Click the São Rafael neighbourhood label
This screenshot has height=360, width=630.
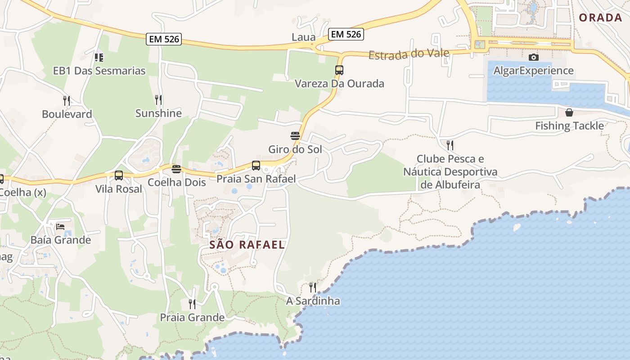[x=247, y=245]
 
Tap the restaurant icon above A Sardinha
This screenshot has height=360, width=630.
[x=313, y=287]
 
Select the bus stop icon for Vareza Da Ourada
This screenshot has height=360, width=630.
[x=339, y=70]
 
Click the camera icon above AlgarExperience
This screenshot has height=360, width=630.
[x=533, y=57]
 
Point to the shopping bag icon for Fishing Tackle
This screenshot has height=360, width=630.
[x=569, y=112]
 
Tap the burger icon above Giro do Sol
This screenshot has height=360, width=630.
[x=295, y=135]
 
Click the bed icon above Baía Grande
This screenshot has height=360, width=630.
[x=60, y=226]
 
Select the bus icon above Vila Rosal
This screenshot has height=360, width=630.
[x=119, y=175]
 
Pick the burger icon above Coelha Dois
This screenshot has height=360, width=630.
[x=176, y=169]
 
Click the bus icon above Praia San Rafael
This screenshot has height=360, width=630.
[x=256, y=165]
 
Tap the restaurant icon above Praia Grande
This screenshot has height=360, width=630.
[x=192, y=304]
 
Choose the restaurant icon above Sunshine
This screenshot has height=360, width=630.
[x=158, y=99]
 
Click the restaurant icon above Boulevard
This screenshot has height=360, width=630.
[x=67, y=100]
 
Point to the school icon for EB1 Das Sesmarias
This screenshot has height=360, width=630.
[x=99, y=57]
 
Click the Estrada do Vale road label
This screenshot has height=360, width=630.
[x=409, y=54]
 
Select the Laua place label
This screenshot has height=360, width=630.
[x=303, y=37]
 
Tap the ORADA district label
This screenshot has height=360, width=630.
[x=600, y=18]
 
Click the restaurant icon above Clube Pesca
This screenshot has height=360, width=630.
[x=450, y=145]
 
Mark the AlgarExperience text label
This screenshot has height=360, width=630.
[x=533, y=71]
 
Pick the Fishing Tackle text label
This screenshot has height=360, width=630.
[x=569, y=126]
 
